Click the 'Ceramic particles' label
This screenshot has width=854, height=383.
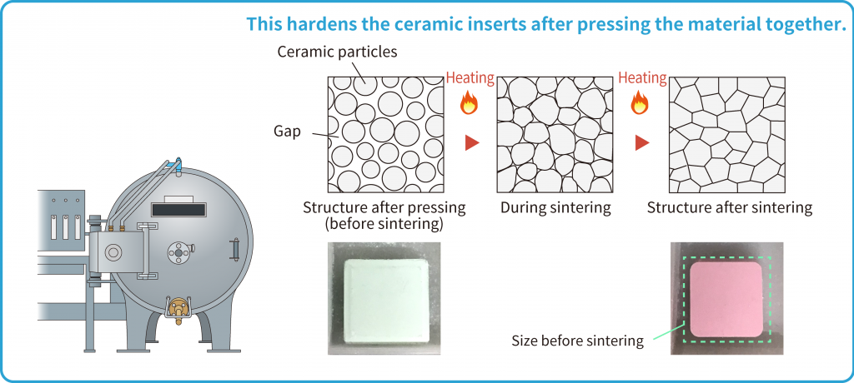coord(337,52)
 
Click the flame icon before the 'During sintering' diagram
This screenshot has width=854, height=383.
coord(469,102)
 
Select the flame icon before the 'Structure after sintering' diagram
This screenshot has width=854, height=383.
coord(640,102)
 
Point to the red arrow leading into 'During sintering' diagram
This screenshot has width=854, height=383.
coord(472,143)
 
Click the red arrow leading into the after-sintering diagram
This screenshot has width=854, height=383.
coord(643,143)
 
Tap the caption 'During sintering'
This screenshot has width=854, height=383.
coord(555,208)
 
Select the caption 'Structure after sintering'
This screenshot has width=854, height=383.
coord(729,208)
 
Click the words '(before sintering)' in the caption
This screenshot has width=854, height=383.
coord(384,224)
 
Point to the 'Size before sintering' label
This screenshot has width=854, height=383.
coord(577,341)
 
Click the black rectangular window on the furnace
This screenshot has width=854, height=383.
coord(179,210)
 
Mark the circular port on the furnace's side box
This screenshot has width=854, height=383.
coord(113,252)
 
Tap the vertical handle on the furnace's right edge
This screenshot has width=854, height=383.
coord(235,249)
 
